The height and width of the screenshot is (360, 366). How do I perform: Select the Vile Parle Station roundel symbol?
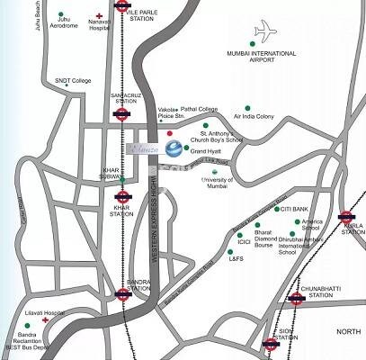tap(123, 4)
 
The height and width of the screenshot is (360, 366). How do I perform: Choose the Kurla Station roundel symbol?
tap(347, 216)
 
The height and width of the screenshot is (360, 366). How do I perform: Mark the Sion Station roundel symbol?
tap(269, 343)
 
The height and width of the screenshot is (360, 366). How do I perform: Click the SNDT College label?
tap(74, 81)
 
